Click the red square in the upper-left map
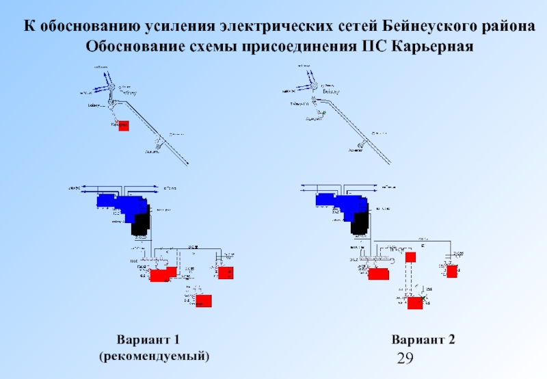(x=124, y=125)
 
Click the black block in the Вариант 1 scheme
(x=141, y=224)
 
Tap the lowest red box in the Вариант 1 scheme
(x=203, y=300)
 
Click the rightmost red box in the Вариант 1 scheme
(x=226, y=273)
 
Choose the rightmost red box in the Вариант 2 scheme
(x=451, y=271)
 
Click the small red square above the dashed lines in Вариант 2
(x=410, y=257)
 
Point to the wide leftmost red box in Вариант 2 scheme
(x=378, y=274)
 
